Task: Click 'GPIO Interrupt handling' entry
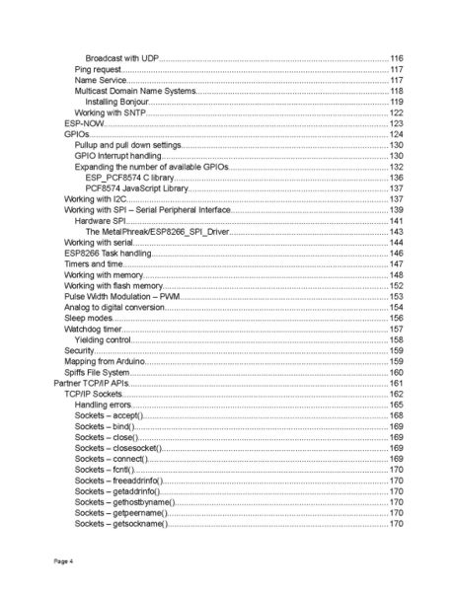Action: pos(118,156)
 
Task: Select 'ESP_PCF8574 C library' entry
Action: pos(128,178)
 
